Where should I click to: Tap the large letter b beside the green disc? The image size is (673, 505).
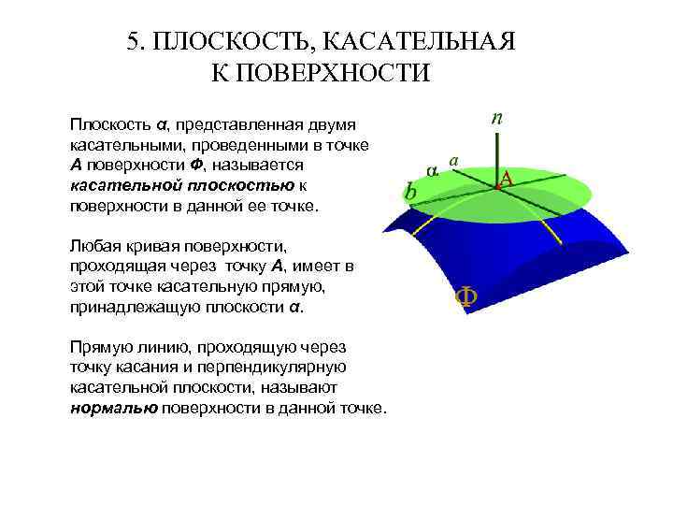(x=410, y=192)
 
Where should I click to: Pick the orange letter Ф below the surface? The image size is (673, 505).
(x=465, y=297)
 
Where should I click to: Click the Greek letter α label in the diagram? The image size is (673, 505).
(x=431, y=170)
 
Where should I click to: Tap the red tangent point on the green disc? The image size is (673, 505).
(x=497, y=187)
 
